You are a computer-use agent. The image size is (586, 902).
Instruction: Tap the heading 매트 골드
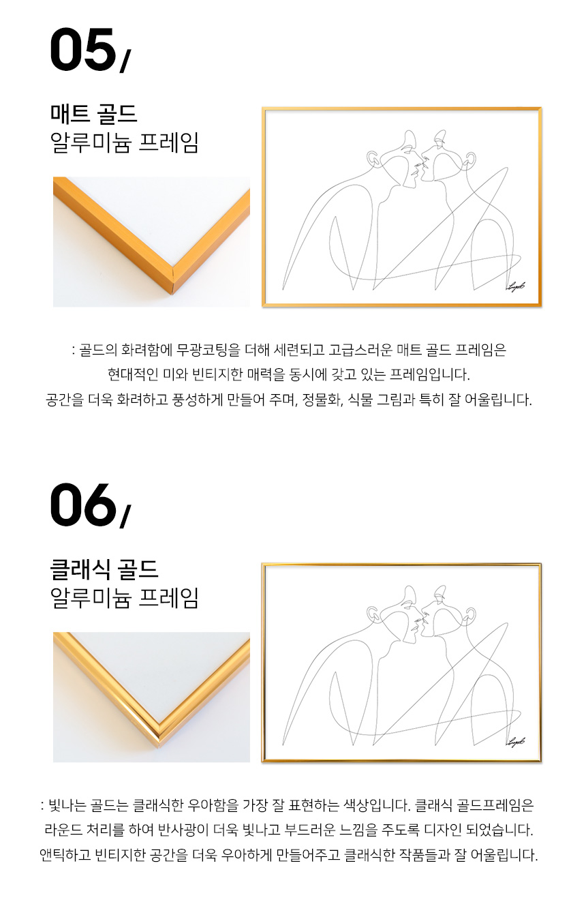coord(94,114)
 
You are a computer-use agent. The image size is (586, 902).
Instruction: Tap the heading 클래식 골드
coord(104,569)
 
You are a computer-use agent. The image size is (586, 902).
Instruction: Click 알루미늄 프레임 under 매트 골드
coord(125,142)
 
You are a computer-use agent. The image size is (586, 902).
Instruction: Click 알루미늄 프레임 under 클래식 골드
coord(125,597)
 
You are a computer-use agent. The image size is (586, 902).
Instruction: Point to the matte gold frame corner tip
coord(173,293)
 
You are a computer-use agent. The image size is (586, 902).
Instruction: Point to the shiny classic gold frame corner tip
coord(159,749)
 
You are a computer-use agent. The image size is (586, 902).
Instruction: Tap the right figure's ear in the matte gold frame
coord(469,157)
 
